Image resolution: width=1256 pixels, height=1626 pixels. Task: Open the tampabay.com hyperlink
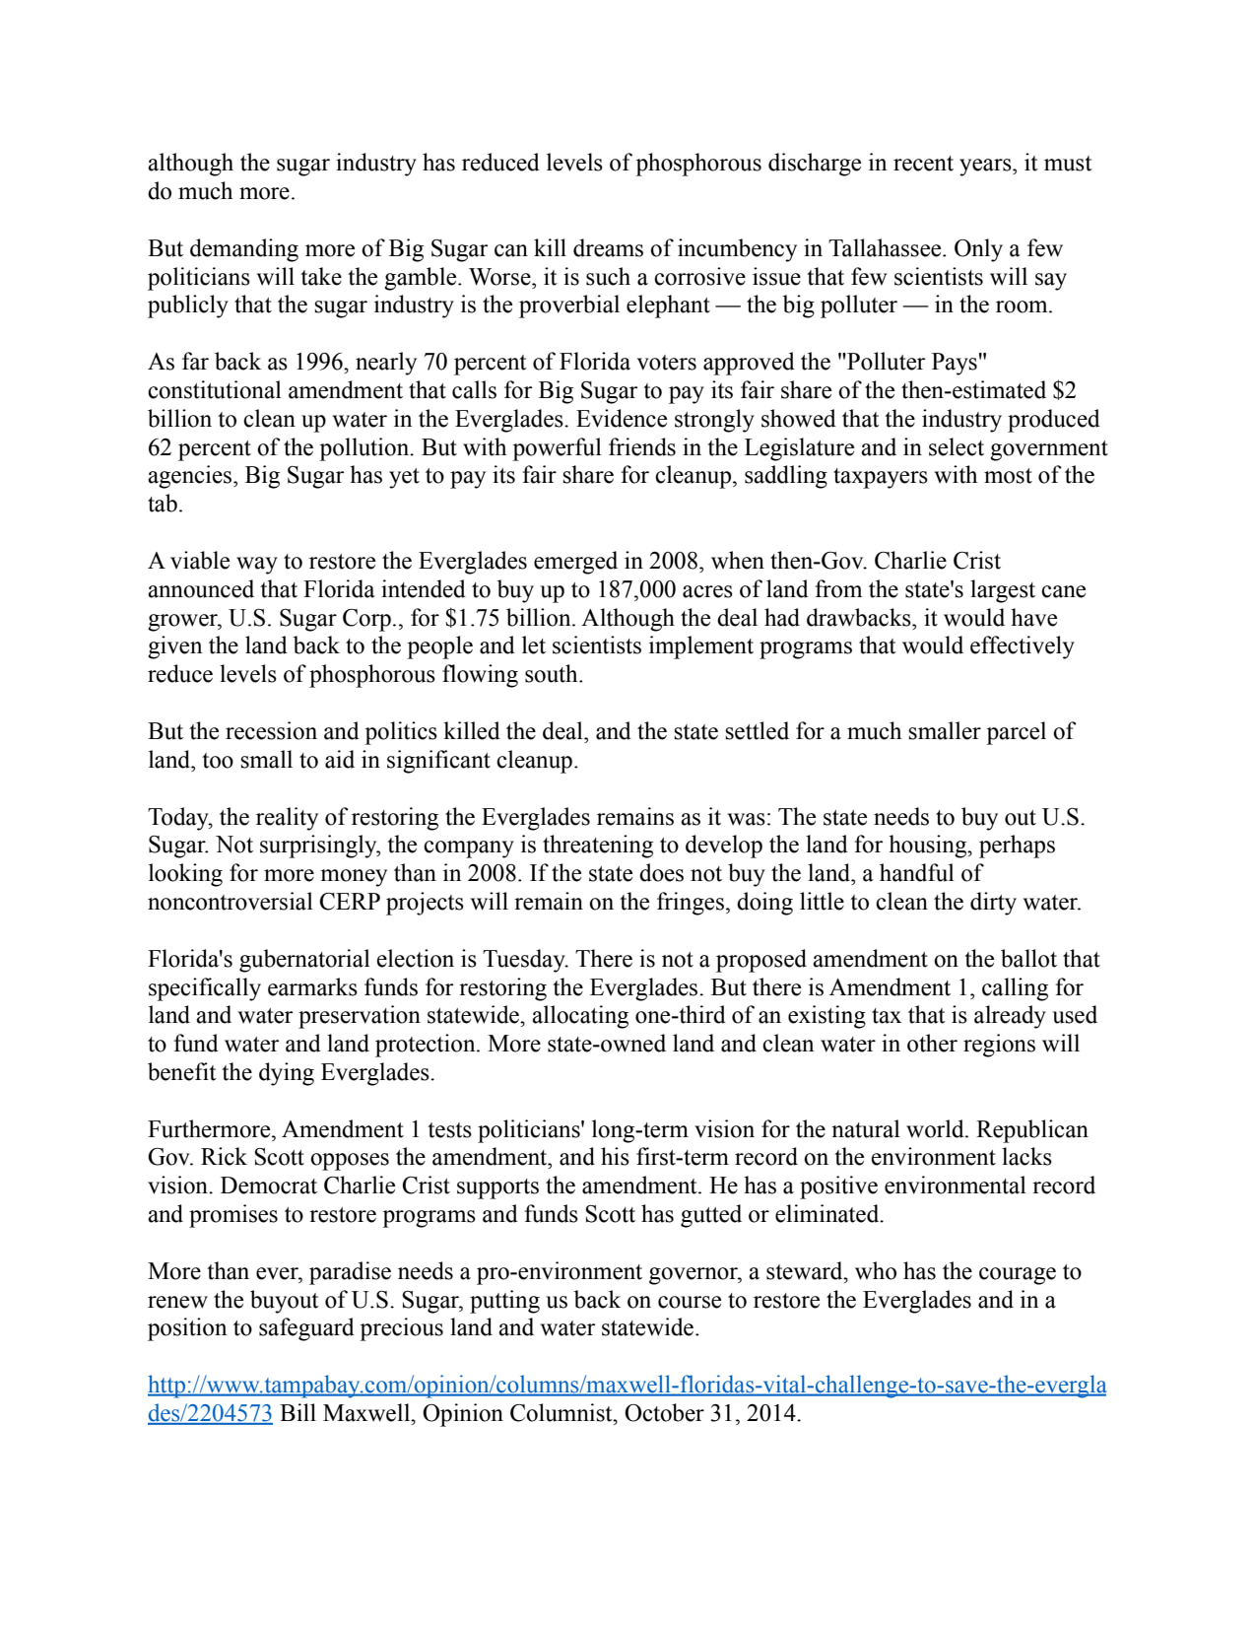pyautogui.click(x=627, y=1386)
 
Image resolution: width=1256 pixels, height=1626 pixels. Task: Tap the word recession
pyautogui.click(x=270, y=732)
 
